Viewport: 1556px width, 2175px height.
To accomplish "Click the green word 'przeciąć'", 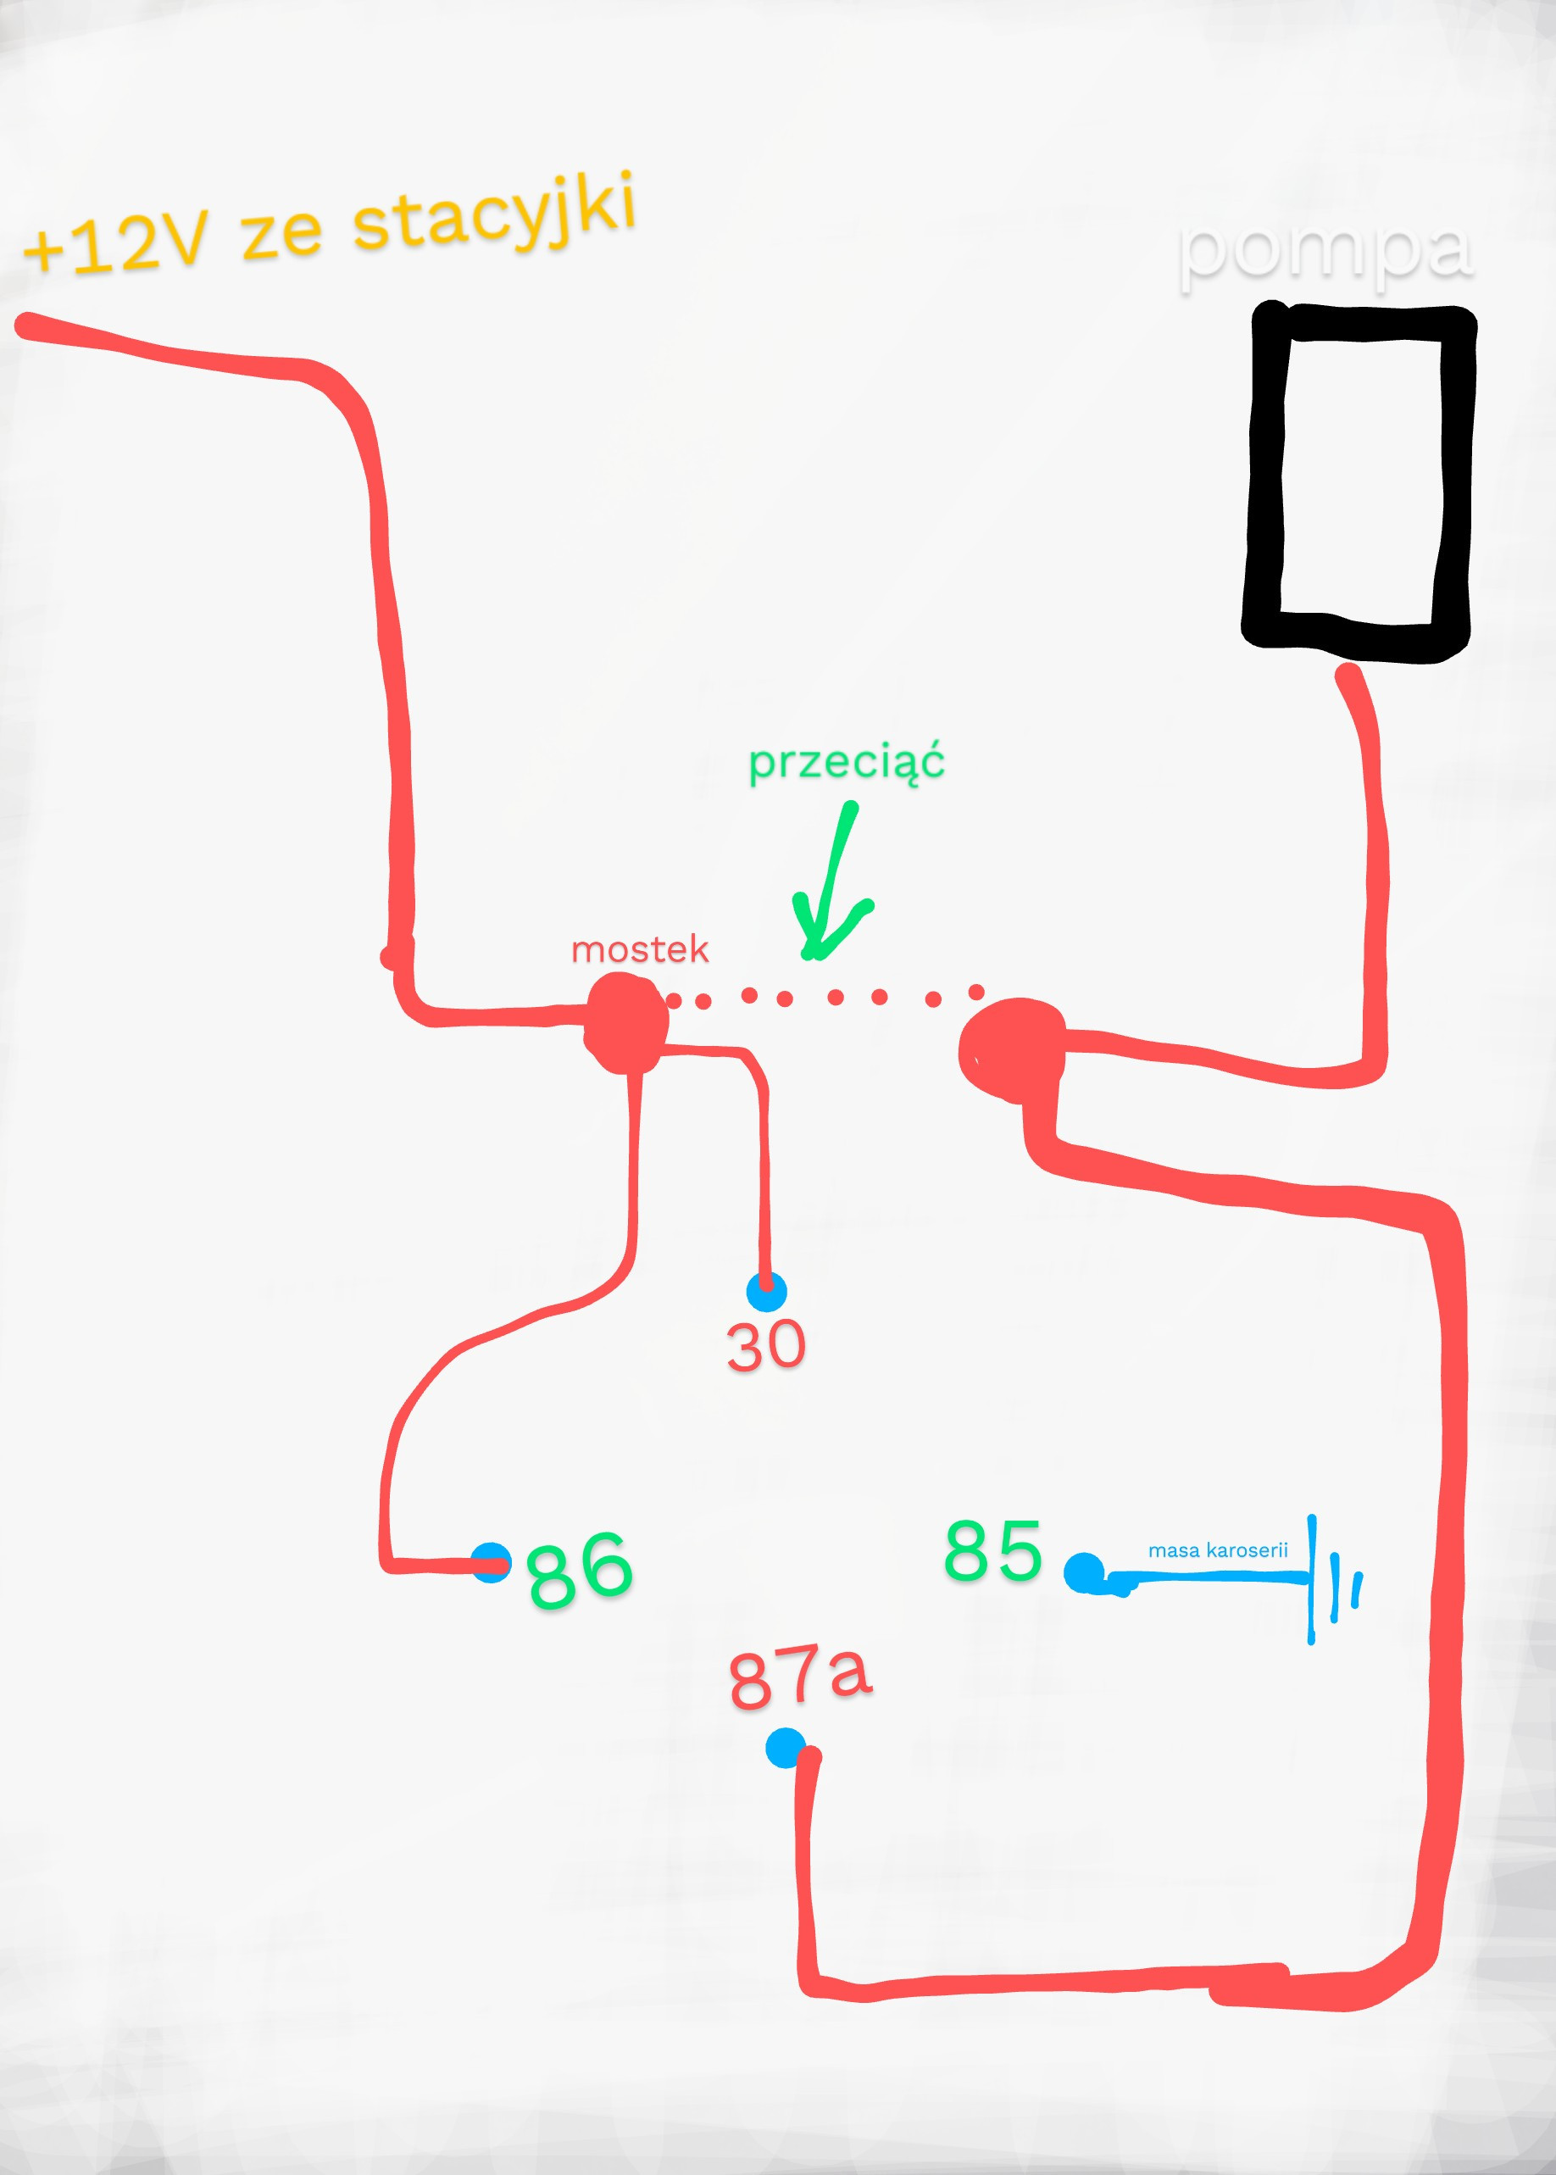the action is (846, 764).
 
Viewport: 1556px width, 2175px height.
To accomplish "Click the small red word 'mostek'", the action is (639, 949).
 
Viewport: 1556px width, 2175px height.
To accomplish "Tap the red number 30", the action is (765, 1345).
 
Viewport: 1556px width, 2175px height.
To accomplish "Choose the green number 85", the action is (992, 1549).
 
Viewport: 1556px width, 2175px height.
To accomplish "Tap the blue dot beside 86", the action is (492, 1563).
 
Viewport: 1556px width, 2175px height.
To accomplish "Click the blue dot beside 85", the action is (1084, 1572).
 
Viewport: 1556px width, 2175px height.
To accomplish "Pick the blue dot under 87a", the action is (786, 1748).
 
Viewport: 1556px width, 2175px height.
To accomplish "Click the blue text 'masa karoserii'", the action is (1218, 1550).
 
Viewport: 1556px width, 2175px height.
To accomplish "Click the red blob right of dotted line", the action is (1011, 1049).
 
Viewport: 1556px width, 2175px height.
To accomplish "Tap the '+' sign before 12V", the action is (42, 251).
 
